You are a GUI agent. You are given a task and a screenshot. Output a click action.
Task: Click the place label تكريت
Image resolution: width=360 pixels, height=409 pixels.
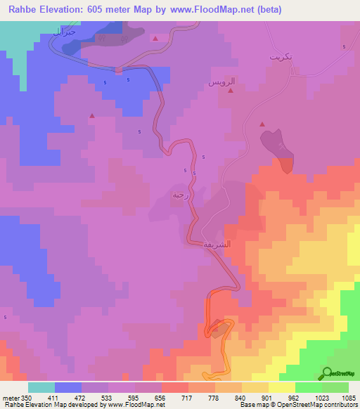pos(281,56)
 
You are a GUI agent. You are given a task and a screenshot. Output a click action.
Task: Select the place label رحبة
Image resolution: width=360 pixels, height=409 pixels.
pos(179,195)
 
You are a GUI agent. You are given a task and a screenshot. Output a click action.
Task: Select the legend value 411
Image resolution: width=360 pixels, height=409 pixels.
pos(54,398)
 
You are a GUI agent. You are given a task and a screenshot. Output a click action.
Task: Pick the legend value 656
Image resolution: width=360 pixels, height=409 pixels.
pos(160,398)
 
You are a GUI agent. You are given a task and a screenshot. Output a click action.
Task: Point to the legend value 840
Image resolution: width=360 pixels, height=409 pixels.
pos(240,398)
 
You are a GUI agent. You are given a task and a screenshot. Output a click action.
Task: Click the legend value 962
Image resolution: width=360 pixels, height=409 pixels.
pos(294,398)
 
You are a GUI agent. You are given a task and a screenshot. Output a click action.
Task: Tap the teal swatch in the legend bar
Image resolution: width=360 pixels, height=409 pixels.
pos(41,387)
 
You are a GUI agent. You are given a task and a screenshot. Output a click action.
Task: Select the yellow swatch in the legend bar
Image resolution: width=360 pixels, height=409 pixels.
pos(281,387)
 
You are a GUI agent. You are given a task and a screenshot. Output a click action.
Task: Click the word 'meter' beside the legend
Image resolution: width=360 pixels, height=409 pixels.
pos(9,398)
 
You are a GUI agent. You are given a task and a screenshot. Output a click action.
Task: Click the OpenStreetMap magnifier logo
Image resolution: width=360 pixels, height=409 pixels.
pos(328,373)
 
